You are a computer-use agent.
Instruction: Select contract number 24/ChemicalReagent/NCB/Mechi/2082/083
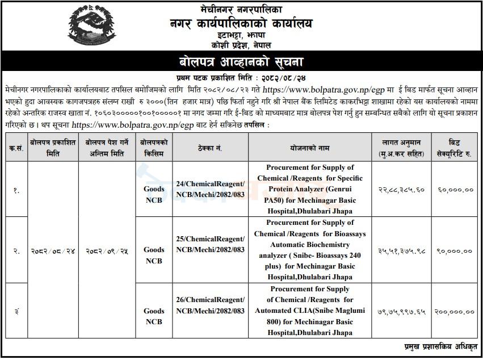point(210,189)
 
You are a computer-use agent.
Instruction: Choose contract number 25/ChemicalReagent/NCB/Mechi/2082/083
point(210,244)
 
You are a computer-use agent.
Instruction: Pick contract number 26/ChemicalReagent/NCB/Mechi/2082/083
point(210,305)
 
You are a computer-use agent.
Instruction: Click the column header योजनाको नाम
point(309,148)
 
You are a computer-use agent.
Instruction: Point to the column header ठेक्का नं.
point(210,148)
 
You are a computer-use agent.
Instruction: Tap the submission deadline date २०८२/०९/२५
point(107,250)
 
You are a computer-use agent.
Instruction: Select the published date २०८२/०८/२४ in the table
point(54,250)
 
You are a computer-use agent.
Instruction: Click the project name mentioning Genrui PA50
point(309,189)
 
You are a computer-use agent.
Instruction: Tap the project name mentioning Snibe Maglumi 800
point(309,311)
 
